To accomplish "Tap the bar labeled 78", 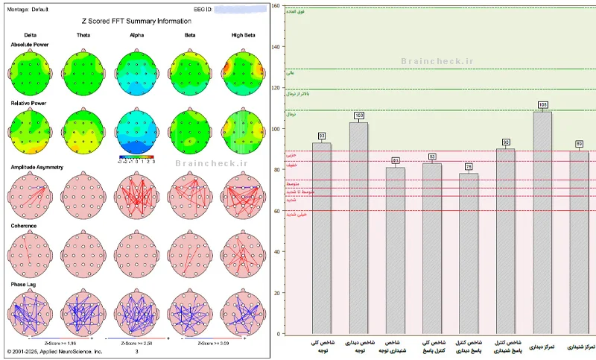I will point(469,253).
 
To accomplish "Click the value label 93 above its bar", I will point(322,136).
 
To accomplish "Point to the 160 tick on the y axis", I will point(276,6).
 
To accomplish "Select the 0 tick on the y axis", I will point(279,334).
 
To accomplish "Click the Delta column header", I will point(30,35).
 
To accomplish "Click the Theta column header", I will point(83,35).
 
